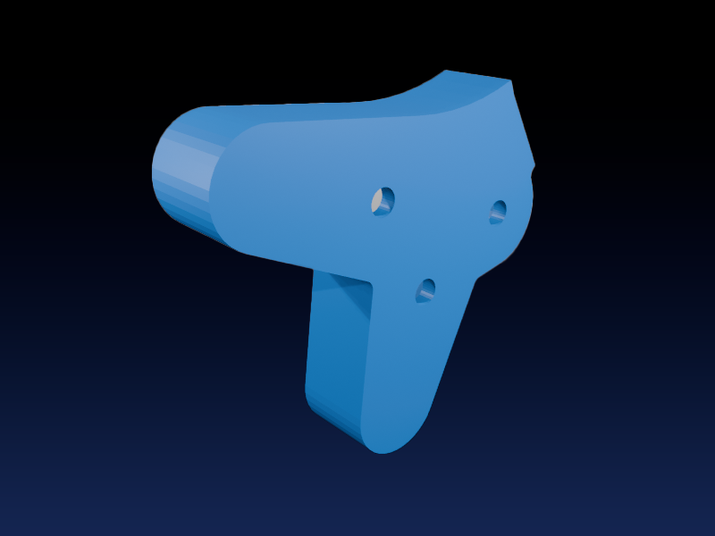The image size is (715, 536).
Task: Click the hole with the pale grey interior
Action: [383, 200]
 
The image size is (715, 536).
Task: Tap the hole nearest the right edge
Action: [498, 212]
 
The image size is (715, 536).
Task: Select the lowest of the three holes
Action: [426, 290]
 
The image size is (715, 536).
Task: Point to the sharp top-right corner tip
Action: [511, 81]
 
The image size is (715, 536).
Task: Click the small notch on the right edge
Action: [533, 170]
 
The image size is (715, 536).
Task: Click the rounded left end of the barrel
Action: [170, 174]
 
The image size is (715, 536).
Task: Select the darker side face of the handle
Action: [335, 357]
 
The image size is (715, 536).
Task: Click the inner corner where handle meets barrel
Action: [371, 284]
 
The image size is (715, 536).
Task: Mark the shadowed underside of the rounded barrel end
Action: [192, 223]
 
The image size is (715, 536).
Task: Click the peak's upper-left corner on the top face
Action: [445, 71]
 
